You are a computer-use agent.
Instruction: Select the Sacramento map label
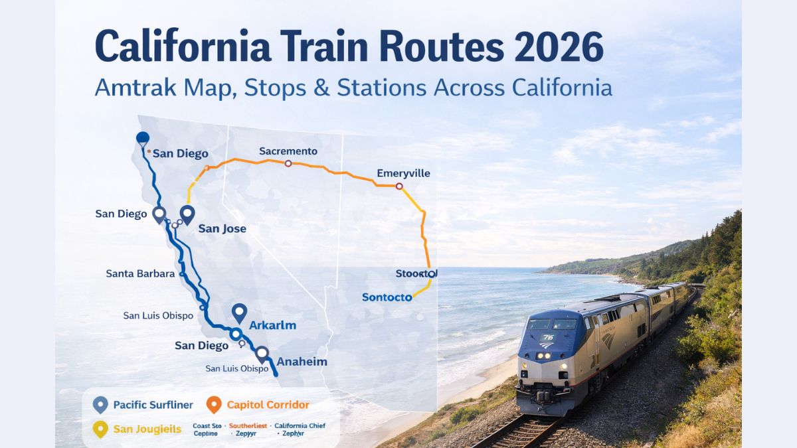(288, 151)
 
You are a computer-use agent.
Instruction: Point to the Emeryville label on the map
(403, 173)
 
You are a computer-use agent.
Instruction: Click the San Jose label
(222, 228)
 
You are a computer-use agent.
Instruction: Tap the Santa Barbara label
(140, 273)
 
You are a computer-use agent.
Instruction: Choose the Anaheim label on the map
(302, 362)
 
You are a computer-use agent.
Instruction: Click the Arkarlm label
(272, 325)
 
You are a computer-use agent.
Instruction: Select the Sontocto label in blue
(387, 297)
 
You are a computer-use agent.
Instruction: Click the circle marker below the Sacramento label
(288, 163)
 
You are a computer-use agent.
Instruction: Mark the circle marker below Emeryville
(399, 187)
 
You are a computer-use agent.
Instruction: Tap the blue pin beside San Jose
(187, 214)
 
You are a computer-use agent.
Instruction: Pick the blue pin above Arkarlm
(239, 313)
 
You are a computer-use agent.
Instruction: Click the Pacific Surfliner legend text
(153, 404)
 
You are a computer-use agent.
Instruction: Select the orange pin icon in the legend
(214, 404)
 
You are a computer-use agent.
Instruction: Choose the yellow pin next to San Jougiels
(100, 429)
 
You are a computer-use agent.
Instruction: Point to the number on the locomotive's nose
(547, 337)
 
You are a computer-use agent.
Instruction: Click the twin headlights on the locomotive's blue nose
(544, 356)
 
